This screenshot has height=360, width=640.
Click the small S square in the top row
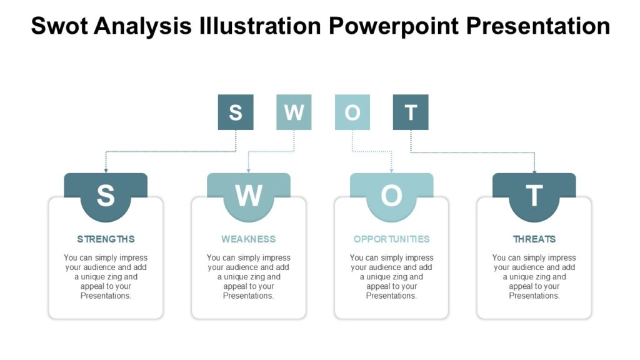pyautogui.click(x=236, y=112)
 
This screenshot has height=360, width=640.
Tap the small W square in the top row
pyautogui.click(x=294, y=112)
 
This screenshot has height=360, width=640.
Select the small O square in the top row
pyautogui.click(x=352, y=112)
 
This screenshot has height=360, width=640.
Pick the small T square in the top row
pyautogui.click(x=411, y=112)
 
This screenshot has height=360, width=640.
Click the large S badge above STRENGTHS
pyautogui.click(x=106, y=196)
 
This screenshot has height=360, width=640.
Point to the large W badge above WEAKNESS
pyautogui.click(x=249, y=196)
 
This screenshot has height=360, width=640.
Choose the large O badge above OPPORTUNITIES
pyautogui.click(x=391, y=196)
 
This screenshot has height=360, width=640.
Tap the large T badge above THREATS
pyautogui.click(x=534, y=196)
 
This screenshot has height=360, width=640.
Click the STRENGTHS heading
pyautogui.click(x=106, y=239)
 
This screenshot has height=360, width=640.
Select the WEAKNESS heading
pyautogui.click(x=248, y=239)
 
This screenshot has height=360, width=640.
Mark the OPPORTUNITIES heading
pyautogui.click(x=391, y=239)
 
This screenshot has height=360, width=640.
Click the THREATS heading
pyautogui.click(x=534, y=239)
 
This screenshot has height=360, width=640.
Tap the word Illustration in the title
pyautogui.click(x=259, y=26)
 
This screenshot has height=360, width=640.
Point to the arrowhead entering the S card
pyautogui.click(x=106, y=170)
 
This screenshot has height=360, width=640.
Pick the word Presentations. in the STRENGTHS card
pyautogui.click(x=106, y=296)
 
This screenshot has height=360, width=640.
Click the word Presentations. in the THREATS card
pyautogui.click(x=534, y=296)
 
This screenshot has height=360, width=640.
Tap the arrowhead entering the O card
pyautogui.click(x=391, y=170)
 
